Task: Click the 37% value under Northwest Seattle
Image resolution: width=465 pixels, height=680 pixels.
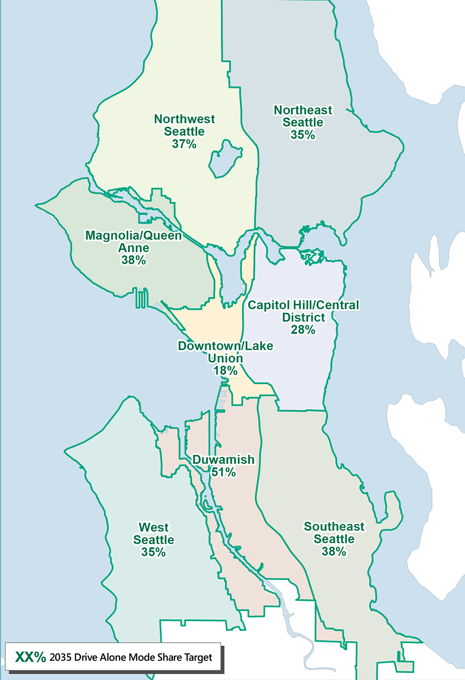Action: tap(184, 144)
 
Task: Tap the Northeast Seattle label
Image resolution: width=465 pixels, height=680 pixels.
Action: tap(303, 116)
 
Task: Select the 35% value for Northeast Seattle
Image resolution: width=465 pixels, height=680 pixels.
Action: tap(303, 135)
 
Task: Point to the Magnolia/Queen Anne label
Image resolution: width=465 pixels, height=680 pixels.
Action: tap(133, 242)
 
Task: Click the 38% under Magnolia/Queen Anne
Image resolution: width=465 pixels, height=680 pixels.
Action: tap(133, 261)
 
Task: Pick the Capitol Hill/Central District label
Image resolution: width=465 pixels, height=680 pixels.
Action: tap(304, 311)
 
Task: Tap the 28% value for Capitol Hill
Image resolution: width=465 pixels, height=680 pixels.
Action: tap(303, 330)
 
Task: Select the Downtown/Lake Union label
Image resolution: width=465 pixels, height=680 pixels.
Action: tap(226, 352)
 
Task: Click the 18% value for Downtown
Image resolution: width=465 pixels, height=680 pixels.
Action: tap(226, 371)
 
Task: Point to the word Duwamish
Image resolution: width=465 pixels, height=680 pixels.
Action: tap(224, 460)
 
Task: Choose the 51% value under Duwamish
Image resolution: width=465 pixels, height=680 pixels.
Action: tap(224, 472)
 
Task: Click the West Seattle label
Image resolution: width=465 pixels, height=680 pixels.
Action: tap(153, 533)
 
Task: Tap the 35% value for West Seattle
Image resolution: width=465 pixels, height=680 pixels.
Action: tap(153, 552)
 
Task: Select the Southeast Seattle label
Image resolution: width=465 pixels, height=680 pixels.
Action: tap(334, 532)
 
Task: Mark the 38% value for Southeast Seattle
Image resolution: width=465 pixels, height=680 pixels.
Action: tap(334, 552)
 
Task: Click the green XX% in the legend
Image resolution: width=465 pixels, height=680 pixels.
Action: tap(31, 657)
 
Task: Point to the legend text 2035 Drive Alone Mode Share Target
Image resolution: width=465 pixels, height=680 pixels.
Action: tap(131, 658)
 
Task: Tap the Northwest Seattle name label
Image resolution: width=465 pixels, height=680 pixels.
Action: tap(185, 125)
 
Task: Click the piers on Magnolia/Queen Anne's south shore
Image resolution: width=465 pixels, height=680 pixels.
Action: tap(141, 298)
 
